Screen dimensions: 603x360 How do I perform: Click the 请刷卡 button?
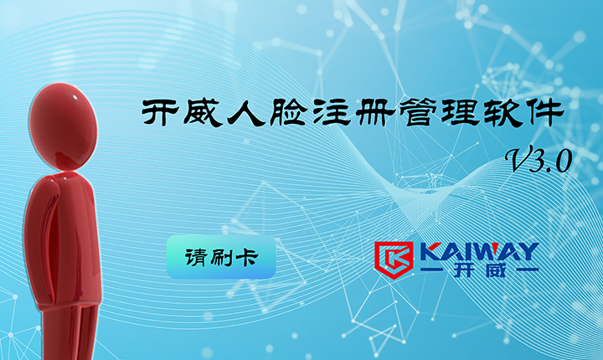point(221,256)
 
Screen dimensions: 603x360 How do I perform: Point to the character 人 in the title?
point(246,113)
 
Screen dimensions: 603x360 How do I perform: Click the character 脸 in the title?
point(288,113)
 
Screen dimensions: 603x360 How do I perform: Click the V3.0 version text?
point(539,159)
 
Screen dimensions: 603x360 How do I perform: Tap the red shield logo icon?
point(394,260)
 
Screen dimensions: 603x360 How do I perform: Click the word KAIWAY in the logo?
point(479,251)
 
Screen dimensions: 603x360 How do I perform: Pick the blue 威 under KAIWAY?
point(495,270)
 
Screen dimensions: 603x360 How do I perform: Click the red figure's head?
point(63,126)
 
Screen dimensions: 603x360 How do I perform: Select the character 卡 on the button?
point(246,257)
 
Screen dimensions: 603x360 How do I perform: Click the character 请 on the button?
point(196,257)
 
